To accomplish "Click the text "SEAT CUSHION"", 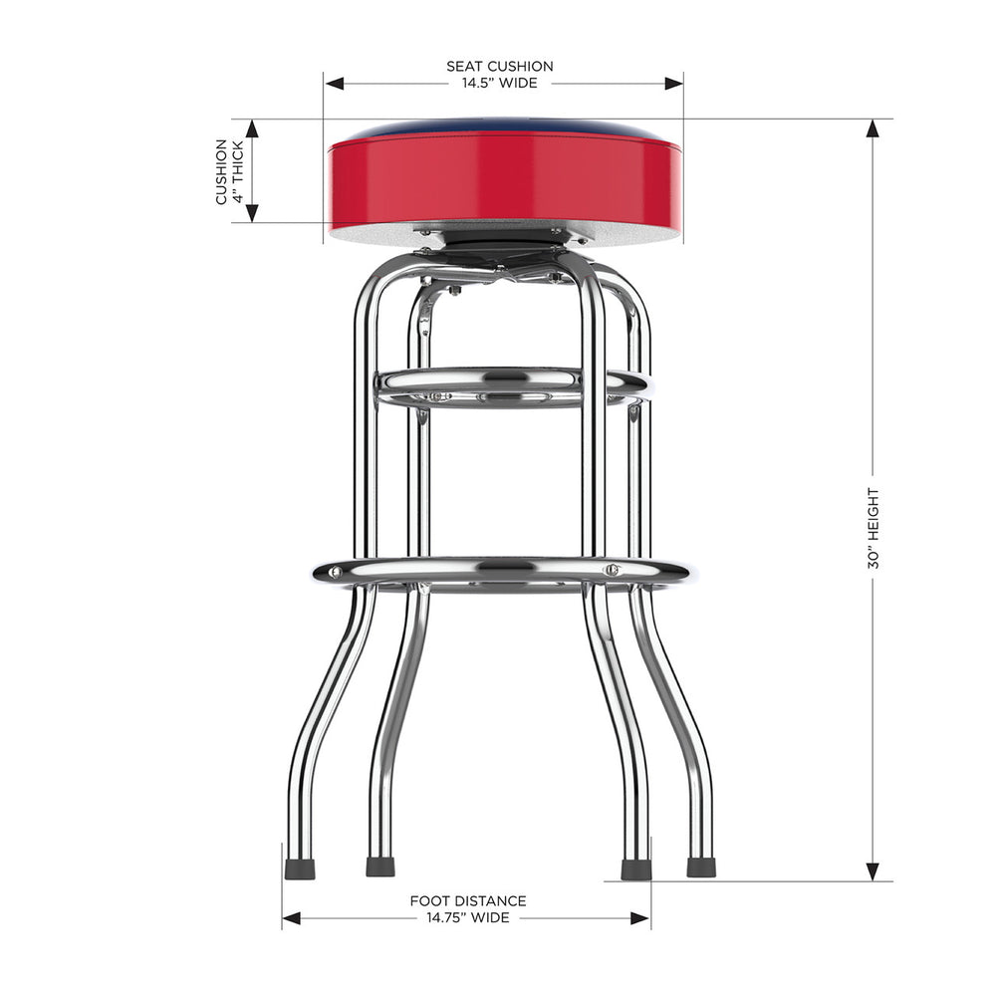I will pos(499,67).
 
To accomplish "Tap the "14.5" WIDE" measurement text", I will pos(499,83).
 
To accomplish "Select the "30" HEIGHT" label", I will pos(873,528).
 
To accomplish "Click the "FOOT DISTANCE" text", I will pos(468,901).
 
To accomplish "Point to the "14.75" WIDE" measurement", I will pos(468,917).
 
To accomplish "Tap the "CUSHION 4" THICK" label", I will pos(229,171).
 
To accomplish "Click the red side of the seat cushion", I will pos(504,179).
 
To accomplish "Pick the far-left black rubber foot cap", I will pos(300,869).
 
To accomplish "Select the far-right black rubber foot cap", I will pos(701,867).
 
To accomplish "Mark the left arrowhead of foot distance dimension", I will pos(292,917).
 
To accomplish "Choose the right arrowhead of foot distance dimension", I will pos(641,917).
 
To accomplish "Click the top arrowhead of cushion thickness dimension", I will pos(252,129).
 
